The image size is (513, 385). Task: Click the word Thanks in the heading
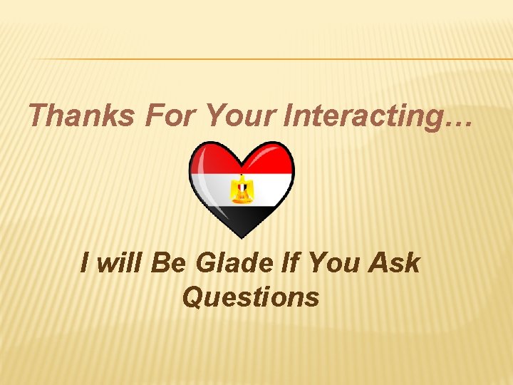click(x=81, y=115)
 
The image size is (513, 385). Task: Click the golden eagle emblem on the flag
click(x=242, y=189)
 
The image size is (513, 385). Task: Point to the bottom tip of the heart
click(x=242, y=237)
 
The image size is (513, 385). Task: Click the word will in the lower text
click(x=120, y=263)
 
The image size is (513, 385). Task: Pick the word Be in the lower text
click(x=168, y=263)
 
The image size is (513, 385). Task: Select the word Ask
click(x=394, y=263)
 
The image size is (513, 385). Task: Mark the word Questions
click(x=251, y=297)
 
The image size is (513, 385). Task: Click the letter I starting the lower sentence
click(x=85, y=263)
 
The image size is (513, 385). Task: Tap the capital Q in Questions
click(x=192, y=297)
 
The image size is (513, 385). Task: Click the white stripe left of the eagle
click(x=210, y=189)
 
